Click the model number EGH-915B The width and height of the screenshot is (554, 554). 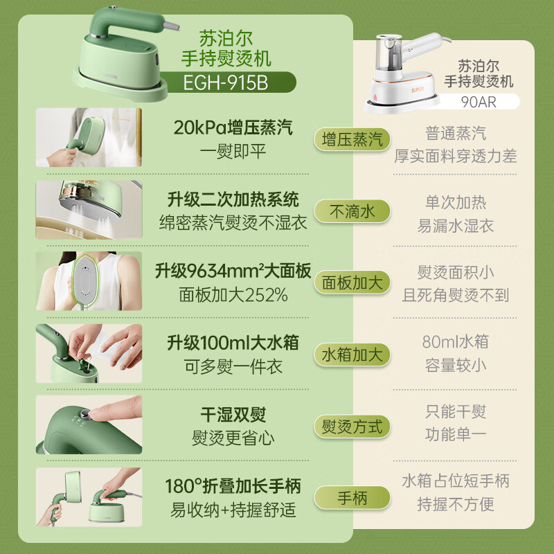[x=226, y=83]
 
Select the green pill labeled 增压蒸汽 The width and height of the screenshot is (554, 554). [x=352, y=139]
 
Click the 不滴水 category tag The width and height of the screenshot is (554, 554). [x=352, y=211]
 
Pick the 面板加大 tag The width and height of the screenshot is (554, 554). [x=352, y=283]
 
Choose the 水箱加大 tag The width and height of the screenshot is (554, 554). [x=352, y=355]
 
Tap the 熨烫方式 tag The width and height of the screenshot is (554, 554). [x=352, y=426]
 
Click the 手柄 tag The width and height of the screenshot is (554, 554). [x=352, y=498]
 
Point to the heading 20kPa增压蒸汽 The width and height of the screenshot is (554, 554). [x=233, y=127]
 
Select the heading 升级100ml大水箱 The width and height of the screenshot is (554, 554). [x=233, y=343]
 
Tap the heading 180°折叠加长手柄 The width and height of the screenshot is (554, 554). [x=233, y=486]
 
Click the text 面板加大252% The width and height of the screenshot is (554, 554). [x=233, y=296]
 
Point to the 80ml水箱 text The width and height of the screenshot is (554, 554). [x=456, y=341]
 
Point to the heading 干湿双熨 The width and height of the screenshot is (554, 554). [x=233, y=415]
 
